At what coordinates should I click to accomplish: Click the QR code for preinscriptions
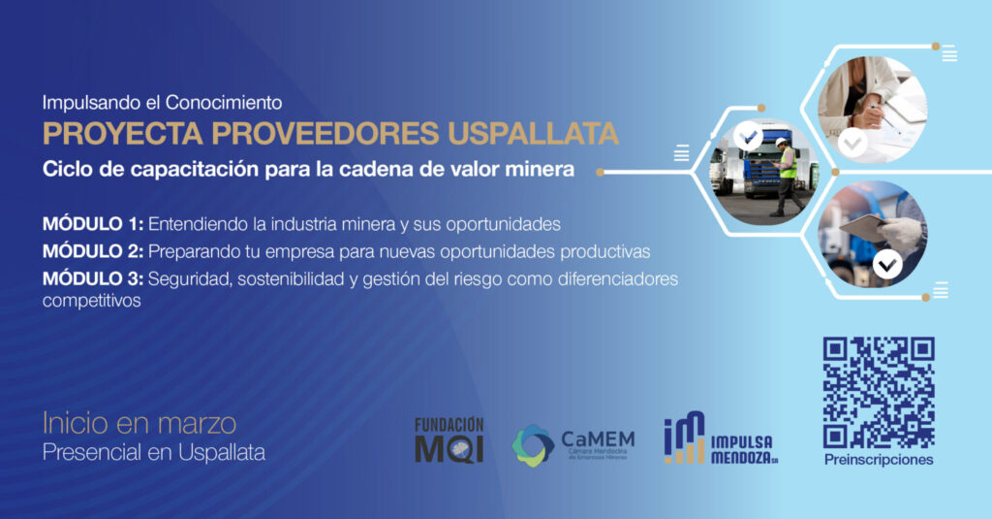[878, 392]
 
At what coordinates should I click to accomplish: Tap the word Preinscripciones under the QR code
[878, 460]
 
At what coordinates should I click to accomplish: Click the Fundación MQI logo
[449, 440]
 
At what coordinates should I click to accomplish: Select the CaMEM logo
[573, 445]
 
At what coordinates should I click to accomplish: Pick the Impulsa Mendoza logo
[721, 438]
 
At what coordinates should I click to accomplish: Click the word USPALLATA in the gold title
[533, 134]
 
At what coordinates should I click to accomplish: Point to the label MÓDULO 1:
[93, 224]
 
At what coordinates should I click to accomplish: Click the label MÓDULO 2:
[93, 251]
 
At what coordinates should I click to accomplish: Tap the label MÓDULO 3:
[93, 278]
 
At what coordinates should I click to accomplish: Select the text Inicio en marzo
[139, 423]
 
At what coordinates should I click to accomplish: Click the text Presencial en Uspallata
[154, 452]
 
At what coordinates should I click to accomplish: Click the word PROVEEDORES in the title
[325, 134]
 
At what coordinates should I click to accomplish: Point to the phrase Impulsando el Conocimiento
[162, 102]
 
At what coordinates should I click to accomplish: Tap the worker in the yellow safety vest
[788, 177]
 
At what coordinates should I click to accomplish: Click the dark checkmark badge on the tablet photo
[887, 264]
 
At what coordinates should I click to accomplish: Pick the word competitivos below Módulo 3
[92, 301]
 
